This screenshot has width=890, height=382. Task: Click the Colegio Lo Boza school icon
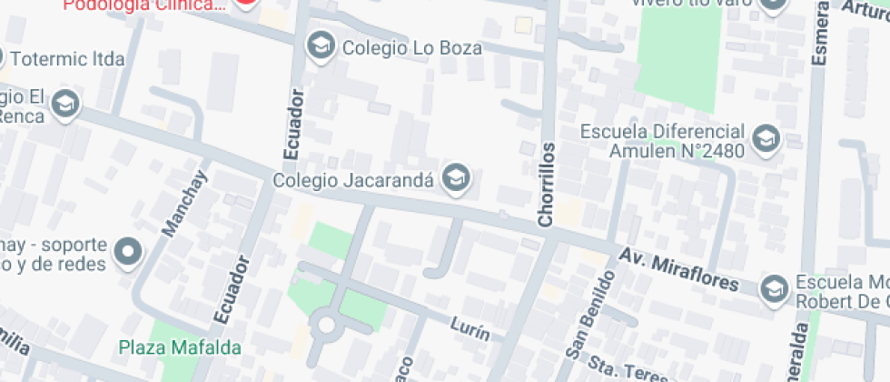coord(320,44)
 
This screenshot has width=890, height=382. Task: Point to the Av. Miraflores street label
coord(679,268)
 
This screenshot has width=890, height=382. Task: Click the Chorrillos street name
coord(546,185)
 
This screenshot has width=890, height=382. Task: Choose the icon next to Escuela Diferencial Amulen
coord(768,139)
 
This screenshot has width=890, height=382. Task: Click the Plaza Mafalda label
coord(180,347)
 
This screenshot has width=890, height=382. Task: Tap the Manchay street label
coord(185,204)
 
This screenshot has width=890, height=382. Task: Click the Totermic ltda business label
coord(67,60)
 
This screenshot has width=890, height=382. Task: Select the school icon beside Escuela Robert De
coord(773,288)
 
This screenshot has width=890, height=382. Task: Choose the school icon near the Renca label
coord(64,105)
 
